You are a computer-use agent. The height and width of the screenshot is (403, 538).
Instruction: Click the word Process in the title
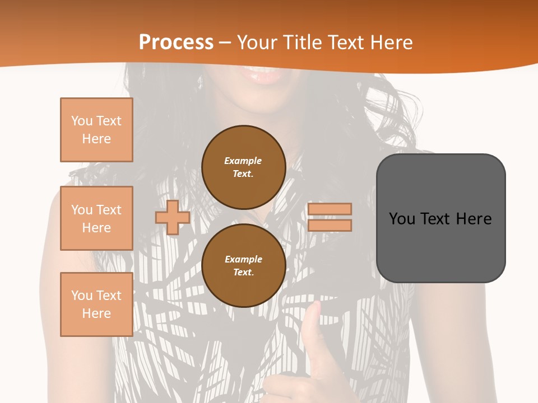[x=176, y=43]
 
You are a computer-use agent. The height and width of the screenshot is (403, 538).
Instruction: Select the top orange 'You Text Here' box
[x=96, y=130]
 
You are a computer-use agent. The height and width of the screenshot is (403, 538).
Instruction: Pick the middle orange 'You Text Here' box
[x=96, y=218]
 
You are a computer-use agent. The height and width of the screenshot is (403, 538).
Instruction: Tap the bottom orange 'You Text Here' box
[x=96, y=304]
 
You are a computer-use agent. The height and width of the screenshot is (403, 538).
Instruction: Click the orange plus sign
[x=173, y=217]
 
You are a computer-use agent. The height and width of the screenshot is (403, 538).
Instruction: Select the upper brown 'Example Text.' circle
[x=244, y=167]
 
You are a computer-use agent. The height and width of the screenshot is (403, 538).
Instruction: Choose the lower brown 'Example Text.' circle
[x=244, y=266]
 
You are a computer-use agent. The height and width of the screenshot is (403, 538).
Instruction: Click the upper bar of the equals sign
[x=330, y=209]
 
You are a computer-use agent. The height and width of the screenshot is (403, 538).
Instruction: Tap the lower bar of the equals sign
[x=330, y=225]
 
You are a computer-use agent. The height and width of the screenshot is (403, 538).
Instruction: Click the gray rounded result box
[x=440, y=218]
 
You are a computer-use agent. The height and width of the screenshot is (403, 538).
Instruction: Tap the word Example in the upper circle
[x=243, y=161]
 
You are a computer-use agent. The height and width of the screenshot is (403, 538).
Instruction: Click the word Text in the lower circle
[x=243, y=273]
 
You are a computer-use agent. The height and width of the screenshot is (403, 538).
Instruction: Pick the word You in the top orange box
[x=82, y=121]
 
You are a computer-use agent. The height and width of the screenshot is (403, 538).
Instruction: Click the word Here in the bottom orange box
[x=96, y=313]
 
